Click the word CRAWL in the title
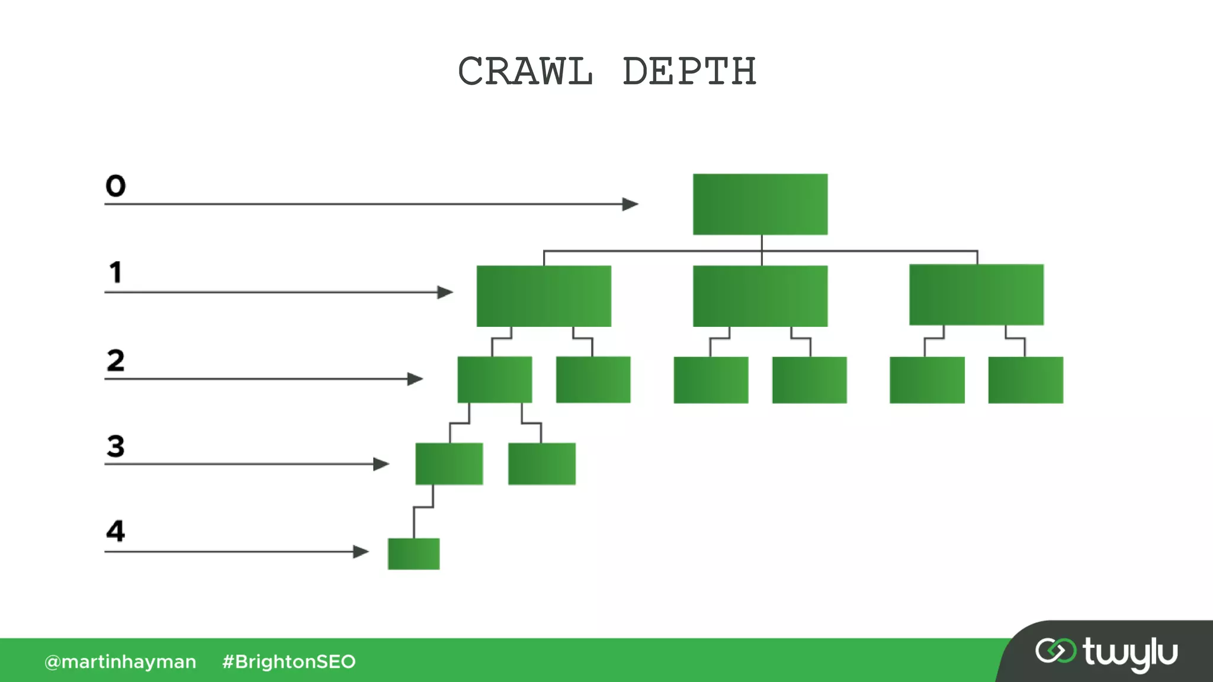(525, 72)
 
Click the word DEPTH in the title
(689, 72)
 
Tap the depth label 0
(115, 186)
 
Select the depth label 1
(115, 273)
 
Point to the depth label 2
(115, 360)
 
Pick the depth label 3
(115, 446)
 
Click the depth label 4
(115, 531)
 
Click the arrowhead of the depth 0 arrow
(630, 204)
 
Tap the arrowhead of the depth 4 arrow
(361, 552)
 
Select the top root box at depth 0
(760, 204)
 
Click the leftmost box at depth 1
(544, 296)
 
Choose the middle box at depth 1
(760, 296)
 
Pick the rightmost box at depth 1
(976, 295)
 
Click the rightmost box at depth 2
(1025, 380)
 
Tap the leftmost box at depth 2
(495, 379)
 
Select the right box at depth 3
(541, 464)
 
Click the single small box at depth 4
(413, 554)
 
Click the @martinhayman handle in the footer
(120, 661)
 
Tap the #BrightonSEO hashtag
(288, 661)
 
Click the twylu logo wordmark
(1129, 654)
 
